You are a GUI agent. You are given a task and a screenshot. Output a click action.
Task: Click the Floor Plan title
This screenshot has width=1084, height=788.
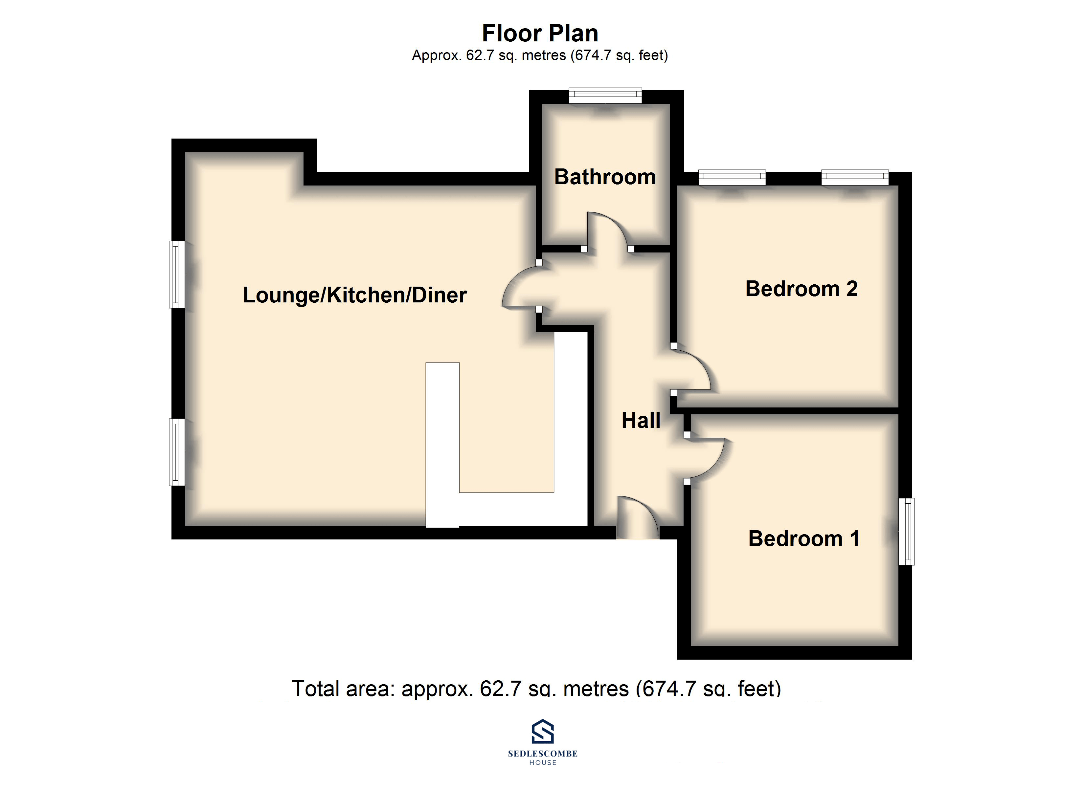click(x=540, y=33)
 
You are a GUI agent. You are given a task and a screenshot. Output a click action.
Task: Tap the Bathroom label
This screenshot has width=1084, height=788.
click(x=605, y=177)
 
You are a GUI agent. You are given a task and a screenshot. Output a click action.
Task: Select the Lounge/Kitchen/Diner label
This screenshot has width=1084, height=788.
click(x=355, y=295)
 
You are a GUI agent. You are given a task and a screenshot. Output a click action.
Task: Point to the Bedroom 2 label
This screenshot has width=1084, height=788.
click(x=802, y=289)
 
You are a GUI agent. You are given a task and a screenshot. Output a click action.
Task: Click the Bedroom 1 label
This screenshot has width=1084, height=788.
click(x=804, y=539)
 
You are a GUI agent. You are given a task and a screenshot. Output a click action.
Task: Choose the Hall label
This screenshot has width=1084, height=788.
click(x=641, y=421)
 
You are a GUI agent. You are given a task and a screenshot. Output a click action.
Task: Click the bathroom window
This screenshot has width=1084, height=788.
click(x=605, y=96)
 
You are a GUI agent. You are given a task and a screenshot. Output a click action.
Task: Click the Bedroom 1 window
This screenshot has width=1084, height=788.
click(x=906, y=531)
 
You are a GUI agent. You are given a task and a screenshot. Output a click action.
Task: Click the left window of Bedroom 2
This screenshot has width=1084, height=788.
click(x=732, y=178)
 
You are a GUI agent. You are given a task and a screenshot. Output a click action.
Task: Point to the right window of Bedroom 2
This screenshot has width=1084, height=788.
click(x=855, y=178)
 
